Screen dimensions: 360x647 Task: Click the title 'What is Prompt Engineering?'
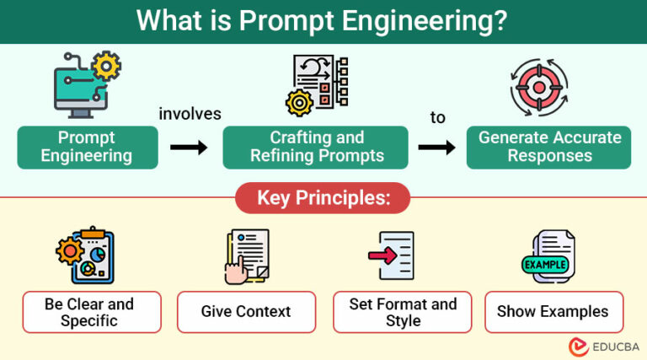(x=323, y=21)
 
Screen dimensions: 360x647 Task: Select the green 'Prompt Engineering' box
(x=87, y=147)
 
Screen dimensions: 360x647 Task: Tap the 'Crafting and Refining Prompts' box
(x=317, y=147)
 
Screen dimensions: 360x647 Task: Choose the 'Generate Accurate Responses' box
(x=549, y=147)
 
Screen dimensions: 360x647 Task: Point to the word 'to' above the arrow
(x=437, y=117)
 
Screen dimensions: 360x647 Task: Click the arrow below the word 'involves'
(x=189, y=148)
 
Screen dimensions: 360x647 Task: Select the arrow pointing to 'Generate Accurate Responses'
(x=437, y=148)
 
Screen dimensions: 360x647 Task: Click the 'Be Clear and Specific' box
(x=89, y=312)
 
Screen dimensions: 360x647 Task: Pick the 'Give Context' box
(x=246, y=312)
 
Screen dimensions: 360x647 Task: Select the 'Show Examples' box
(x=553, y=312)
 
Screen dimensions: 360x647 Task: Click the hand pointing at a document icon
(x=246, y=255)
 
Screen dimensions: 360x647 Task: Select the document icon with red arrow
(x=392, y=255)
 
